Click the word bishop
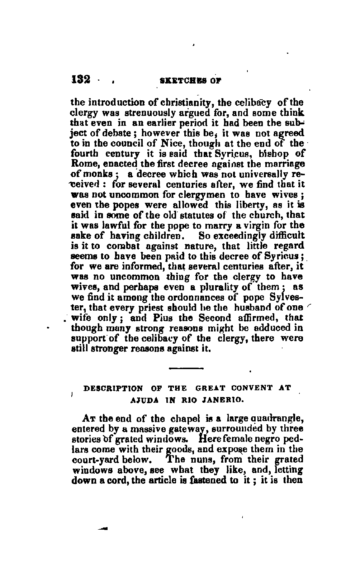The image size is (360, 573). pyautogui.click(x=266, y=154)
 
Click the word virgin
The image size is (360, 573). pyautogui.click(x=249, y=225)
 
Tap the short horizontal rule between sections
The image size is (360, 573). pyautogui.click(x=186, y=368)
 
